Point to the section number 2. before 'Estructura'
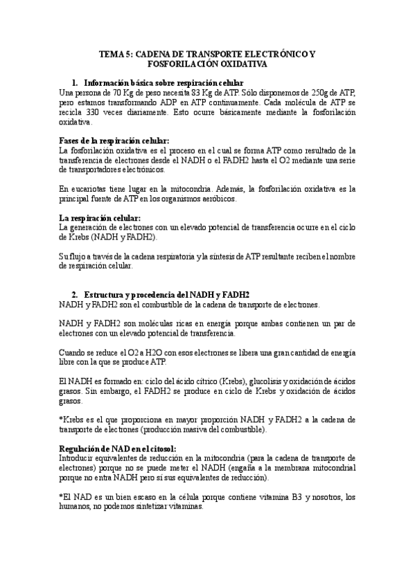click(x=76, y=293)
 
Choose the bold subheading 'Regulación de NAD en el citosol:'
click(x=118, y=448)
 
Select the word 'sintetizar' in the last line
click(x=140, y=506)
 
